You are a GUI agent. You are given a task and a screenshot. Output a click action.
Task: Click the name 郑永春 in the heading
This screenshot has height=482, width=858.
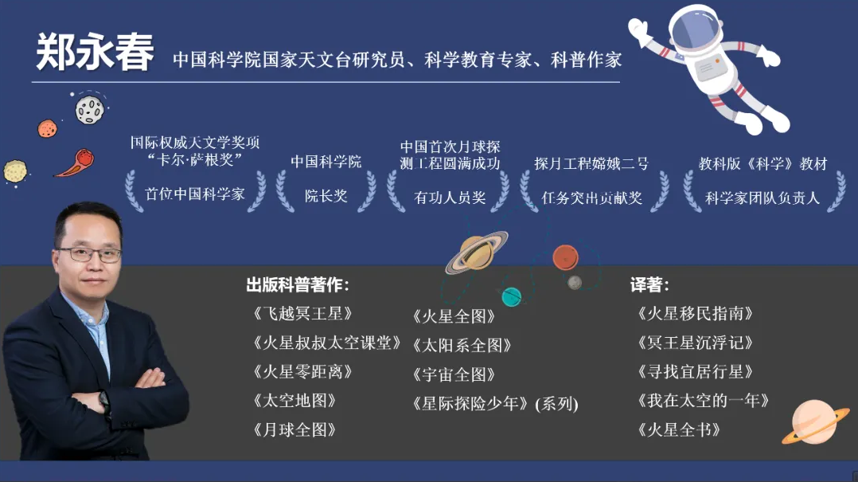(95, 53)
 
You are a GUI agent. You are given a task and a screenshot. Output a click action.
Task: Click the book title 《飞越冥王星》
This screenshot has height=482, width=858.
(302, 313)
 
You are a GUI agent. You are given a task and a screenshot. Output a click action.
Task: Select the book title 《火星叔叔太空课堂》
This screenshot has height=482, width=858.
(326, 343)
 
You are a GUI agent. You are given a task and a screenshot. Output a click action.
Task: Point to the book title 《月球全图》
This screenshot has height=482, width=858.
(294, 430)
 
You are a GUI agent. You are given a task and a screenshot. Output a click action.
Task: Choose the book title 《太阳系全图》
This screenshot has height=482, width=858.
(462, 346)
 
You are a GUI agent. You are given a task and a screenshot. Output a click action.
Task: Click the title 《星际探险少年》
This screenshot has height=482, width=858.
(470, 404)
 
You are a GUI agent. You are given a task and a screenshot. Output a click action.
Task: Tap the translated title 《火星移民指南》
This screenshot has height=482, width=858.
(695, 313)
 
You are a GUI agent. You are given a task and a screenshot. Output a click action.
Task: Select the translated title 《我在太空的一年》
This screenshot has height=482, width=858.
(703, 401)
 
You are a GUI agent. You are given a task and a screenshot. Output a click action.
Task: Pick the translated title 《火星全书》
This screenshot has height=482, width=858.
(678, 430)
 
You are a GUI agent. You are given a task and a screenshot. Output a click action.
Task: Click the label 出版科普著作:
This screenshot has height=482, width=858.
(297, 285)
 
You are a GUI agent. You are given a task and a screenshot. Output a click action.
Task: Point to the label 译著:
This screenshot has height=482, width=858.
(649, 285)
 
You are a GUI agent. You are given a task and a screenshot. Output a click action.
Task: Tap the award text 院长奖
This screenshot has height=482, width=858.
(326, 196)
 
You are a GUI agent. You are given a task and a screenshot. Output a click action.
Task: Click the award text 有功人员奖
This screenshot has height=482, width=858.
(450, 198)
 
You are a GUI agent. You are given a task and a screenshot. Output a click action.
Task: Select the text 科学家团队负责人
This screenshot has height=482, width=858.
(762, 198)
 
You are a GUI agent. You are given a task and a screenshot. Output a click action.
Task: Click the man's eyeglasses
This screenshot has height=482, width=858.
(88, 254)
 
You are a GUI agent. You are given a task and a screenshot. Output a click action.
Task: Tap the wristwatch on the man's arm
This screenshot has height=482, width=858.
(104, 402)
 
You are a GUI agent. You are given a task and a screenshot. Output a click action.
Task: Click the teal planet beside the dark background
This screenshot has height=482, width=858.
(512, 296)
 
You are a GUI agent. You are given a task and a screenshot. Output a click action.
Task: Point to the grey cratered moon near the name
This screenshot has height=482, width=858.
(89, 110)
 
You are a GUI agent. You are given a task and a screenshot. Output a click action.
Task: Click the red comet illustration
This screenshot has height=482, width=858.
(76, 163)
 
